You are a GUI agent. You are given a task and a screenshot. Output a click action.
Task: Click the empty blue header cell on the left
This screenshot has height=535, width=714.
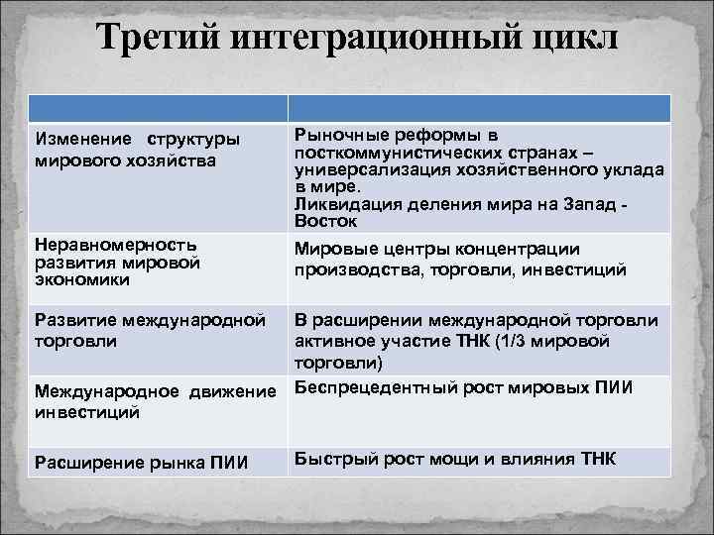tap(158, 108)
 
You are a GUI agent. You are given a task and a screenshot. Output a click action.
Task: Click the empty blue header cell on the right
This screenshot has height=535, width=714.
tap(479, 108)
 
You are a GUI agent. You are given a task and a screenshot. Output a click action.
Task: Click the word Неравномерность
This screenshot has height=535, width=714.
tap(115, 245)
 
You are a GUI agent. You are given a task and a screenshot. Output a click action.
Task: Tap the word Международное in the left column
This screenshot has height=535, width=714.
tap(99, 392)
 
